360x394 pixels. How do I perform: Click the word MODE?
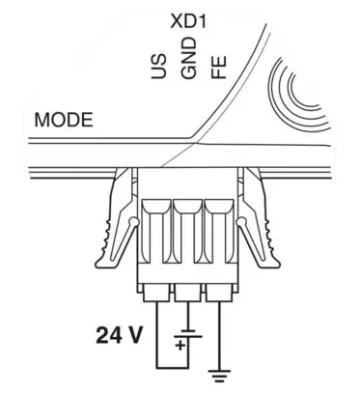click(x=64, y=122)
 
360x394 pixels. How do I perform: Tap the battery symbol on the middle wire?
click(x=188, y=336)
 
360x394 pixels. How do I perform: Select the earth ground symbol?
click(x=220, y=376)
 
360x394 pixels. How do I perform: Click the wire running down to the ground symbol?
click(x=220, y=333)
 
